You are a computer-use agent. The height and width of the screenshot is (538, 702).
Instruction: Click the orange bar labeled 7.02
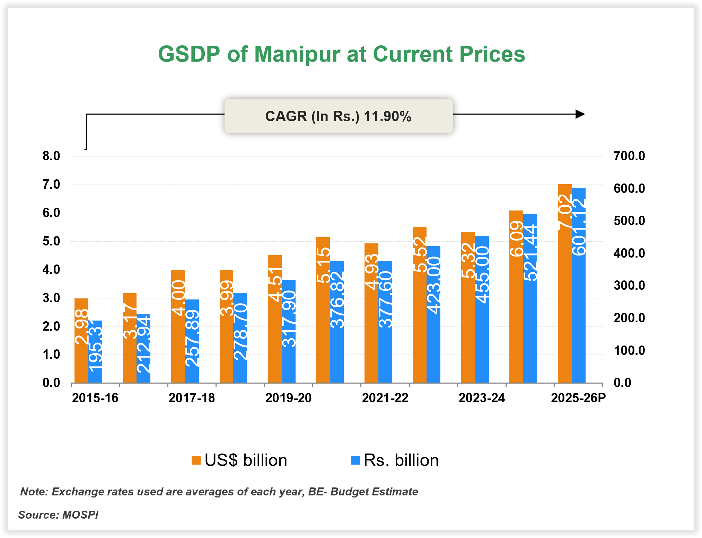pos(564,284)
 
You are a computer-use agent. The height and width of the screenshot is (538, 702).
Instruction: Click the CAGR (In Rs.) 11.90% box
pos(339,116)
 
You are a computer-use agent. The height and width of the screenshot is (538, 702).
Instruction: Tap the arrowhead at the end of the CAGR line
pos(580,114)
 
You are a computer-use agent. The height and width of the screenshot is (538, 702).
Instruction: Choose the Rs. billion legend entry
pos(395,460)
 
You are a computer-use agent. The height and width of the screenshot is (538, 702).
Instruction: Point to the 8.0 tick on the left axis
pos(51,156)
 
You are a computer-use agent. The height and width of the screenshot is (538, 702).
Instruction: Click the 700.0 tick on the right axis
pos(629,156)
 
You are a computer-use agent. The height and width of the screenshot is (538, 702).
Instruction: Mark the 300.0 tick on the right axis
pos(629,286)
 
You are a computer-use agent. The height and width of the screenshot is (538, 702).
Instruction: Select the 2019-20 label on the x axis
pos(288,398)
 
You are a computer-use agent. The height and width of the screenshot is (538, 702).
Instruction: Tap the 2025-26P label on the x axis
pos(578,398)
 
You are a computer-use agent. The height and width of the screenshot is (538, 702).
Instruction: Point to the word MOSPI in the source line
pos(80,515)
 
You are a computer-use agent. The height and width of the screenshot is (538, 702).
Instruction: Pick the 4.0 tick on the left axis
pos(51,270)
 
